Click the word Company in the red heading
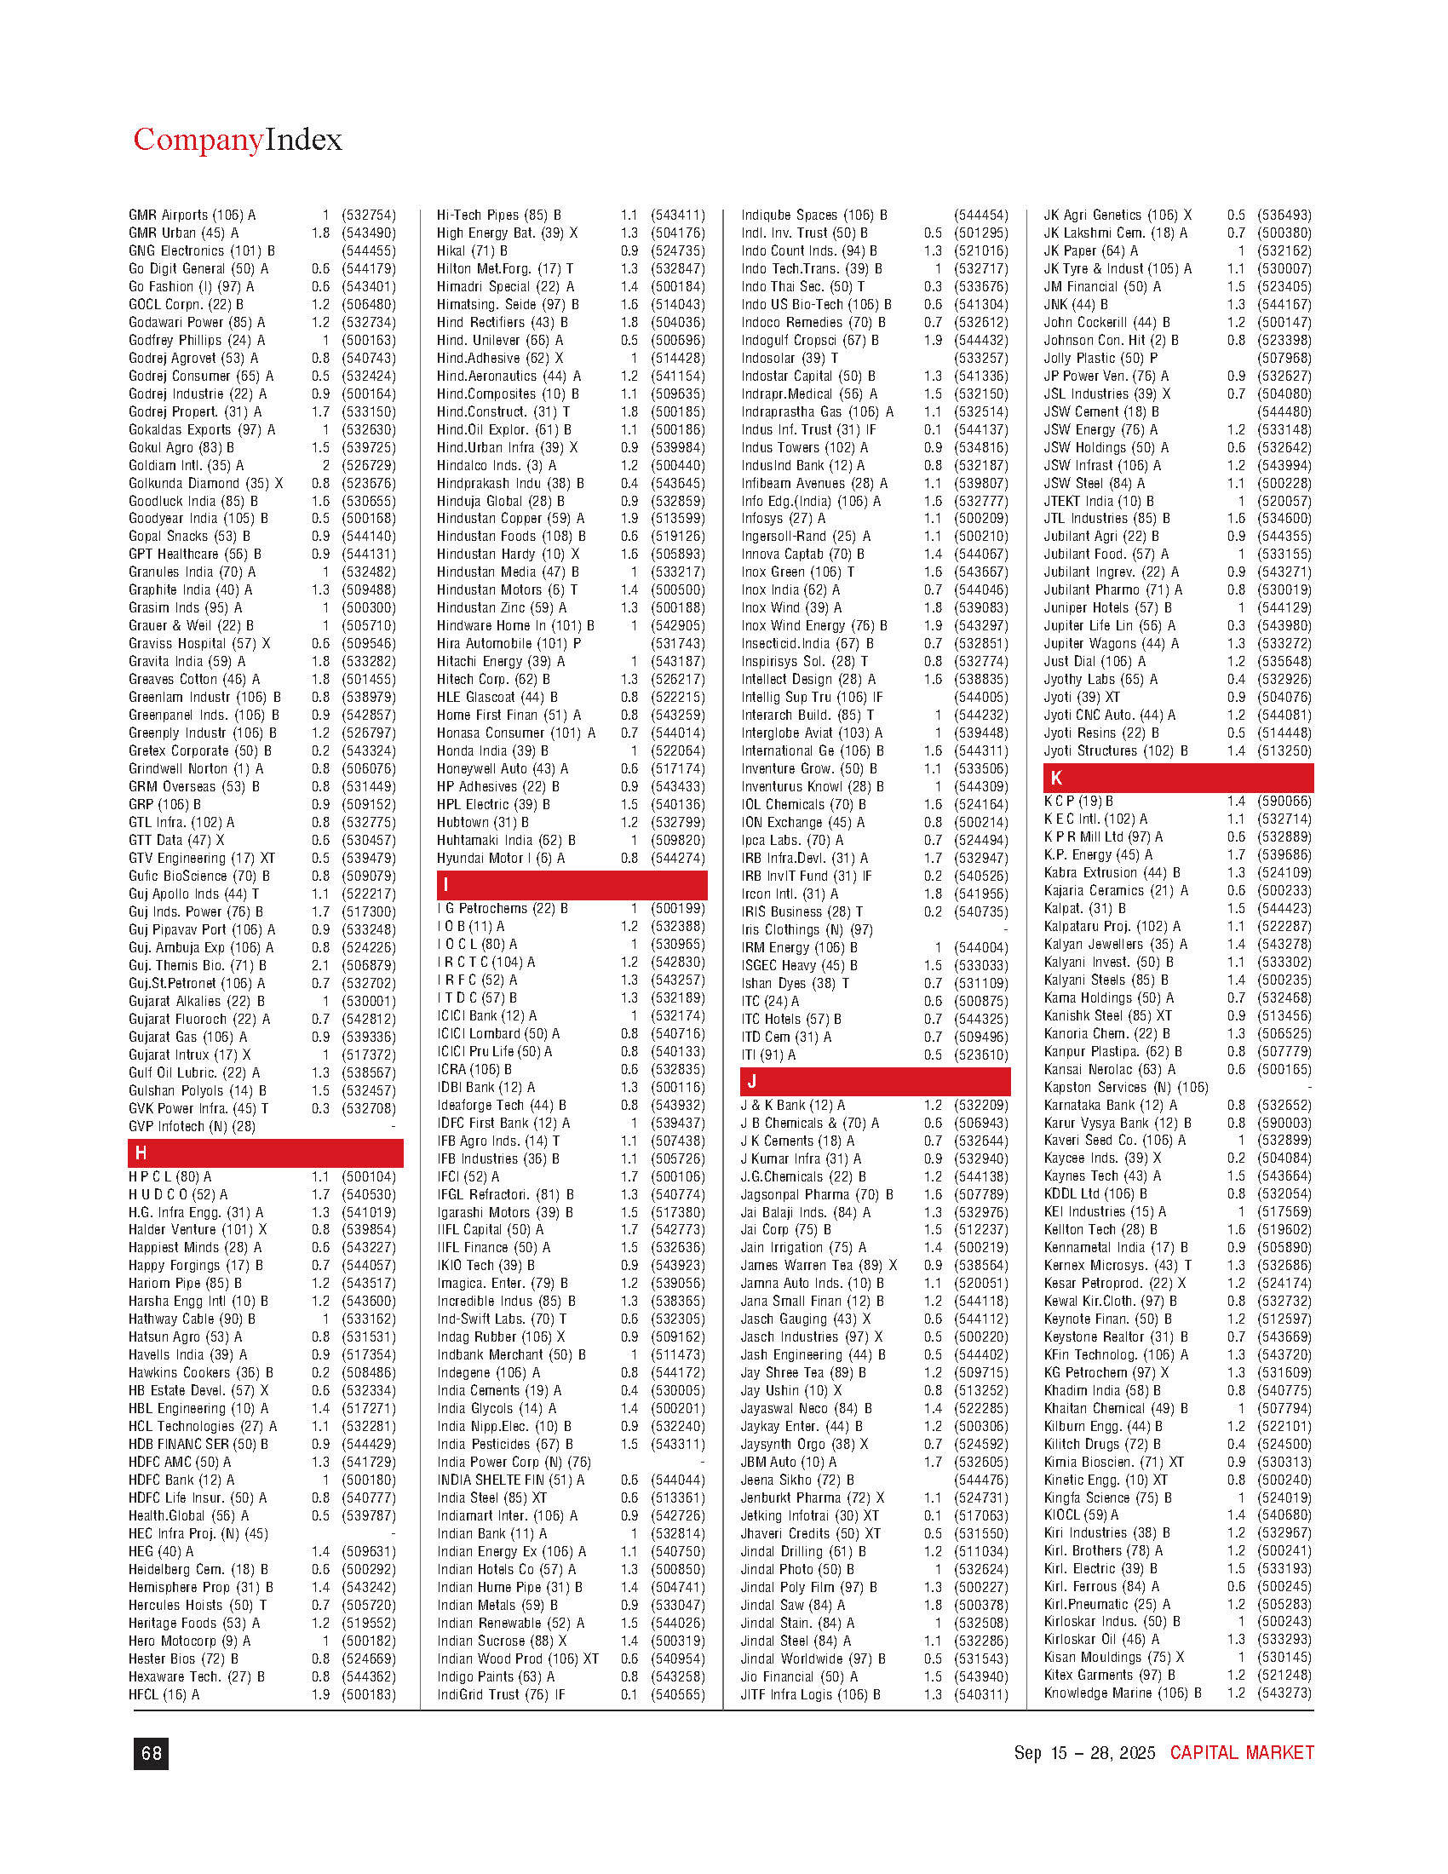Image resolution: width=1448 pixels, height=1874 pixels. [198, 139]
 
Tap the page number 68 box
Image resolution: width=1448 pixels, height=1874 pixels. [151, 1753]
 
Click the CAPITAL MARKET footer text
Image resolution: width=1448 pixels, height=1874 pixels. [1241, 1753]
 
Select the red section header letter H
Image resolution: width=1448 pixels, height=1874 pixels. [141, 1153]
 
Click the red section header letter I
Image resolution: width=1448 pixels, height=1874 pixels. [445, 885]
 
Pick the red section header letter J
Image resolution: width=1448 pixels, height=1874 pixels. [751, 1082]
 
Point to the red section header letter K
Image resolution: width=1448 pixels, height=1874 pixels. [1056, 779]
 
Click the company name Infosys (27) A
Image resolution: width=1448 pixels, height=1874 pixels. [783, 518]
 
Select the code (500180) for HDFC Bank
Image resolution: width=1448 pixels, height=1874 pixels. [368, 1480]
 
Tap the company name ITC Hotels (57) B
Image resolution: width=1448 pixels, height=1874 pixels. [791, 1019]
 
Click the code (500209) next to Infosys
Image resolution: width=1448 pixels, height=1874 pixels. [980, 518]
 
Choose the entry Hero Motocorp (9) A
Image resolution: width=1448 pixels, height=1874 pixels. [190, 1641]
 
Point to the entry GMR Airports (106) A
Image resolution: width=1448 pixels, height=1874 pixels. [192, 216]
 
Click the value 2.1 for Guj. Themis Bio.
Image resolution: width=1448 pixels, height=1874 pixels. [320, 965]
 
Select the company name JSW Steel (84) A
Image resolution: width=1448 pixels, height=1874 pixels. [1094, 483]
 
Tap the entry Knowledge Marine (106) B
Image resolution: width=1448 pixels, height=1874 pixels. [1122, 1693]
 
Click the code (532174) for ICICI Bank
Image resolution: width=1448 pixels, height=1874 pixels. [677, 1015]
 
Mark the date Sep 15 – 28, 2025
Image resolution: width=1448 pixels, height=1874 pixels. [1084, 1753]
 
